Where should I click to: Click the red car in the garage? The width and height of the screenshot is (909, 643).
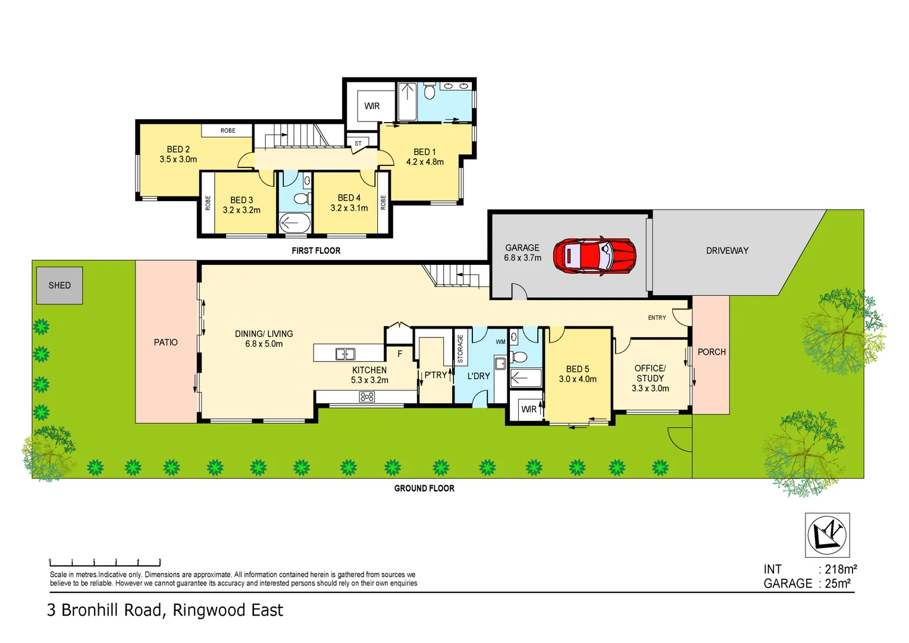click(594, 255)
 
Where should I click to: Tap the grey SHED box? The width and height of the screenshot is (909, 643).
click(59, 286)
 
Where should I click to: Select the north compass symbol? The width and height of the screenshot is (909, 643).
click(827, 534)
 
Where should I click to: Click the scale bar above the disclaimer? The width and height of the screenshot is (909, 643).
click(105, 562)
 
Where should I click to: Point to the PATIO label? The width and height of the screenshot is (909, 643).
click(165, 342)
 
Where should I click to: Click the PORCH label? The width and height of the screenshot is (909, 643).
click(711, 352)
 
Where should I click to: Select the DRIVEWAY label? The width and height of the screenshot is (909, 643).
click(727, 251)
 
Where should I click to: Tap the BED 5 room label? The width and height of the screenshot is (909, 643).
click(577, 369)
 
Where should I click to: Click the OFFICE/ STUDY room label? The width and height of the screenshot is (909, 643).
click(650, 373)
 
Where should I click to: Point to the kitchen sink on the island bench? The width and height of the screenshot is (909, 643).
click(345, 354)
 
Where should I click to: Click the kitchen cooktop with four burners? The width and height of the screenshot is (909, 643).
click(367, 397)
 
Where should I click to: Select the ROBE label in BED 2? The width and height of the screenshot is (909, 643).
click(228, 130)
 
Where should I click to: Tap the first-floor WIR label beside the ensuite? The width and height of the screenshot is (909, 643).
click(372, 106)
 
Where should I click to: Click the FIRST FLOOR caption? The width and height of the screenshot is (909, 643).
click(316, 251)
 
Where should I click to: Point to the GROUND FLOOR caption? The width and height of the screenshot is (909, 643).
click(424, 488)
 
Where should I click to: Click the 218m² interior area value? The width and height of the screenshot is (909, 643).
click(841, 569)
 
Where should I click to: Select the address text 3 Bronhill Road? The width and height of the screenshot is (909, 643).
click(104, 610)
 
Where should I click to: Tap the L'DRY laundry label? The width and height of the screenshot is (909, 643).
click(478, 376)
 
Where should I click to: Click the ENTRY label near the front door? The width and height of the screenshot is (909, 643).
click(657, 317)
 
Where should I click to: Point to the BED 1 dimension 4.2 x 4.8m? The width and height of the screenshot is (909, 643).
click(425, 162)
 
